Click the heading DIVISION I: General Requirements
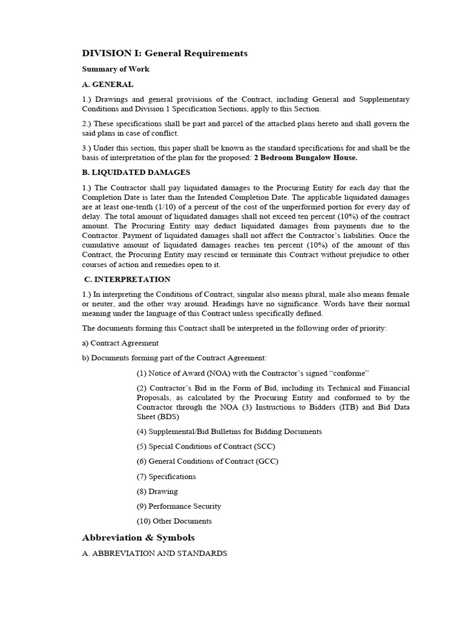[165, 53]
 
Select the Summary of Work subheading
[116, 69]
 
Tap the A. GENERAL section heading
[108, 84]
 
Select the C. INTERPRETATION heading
[127, 279]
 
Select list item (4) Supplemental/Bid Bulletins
[229, 432]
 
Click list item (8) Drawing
[157, 492]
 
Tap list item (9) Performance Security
[179, 506]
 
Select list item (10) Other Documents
[174, 521]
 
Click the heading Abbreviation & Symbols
[138, 538]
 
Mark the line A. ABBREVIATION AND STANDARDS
[154, 553]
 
